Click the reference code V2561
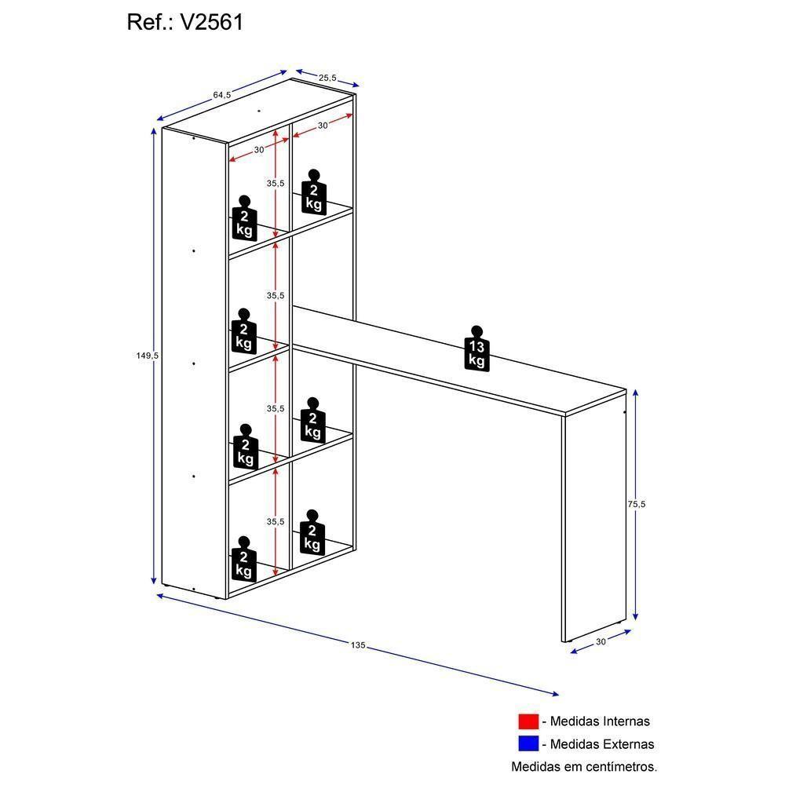pyautogui.click(x=212, y=22)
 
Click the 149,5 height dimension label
pyautogui.click(x=148, y=356)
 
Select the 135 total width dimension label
pyautogui.click(x=358, y=645)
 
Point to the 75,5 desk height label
pyautogui.click(x=636, y=505)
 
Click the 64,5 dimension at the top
pyautogui.click(x=221, y=95)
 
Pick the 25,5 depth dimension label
pyautogui.click(x=327, y=77)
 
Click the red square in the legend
pyautogui.click(x=528, y=721)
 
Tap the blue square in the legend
pyautogui.click(x=528, y=743)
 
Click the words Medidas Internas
pyautogui.click(x=600, y=721)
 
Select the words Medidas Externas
pyautogui.click(x=601, y=743)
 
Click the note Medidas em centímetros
pyautogui.click(x=584, y=766)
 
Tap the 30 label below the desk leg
pyautogui.click(x=601, y=641)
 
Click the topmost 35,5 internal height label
pyautogui.click(x=275, y=183)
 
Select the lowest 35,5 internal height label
pyautogui.click(x=275, y=521)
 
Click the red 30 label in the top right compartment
pyautogui.click(x=323, y=126)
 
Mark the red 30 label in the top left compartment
pyautogui.click(x=259, y=149)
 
